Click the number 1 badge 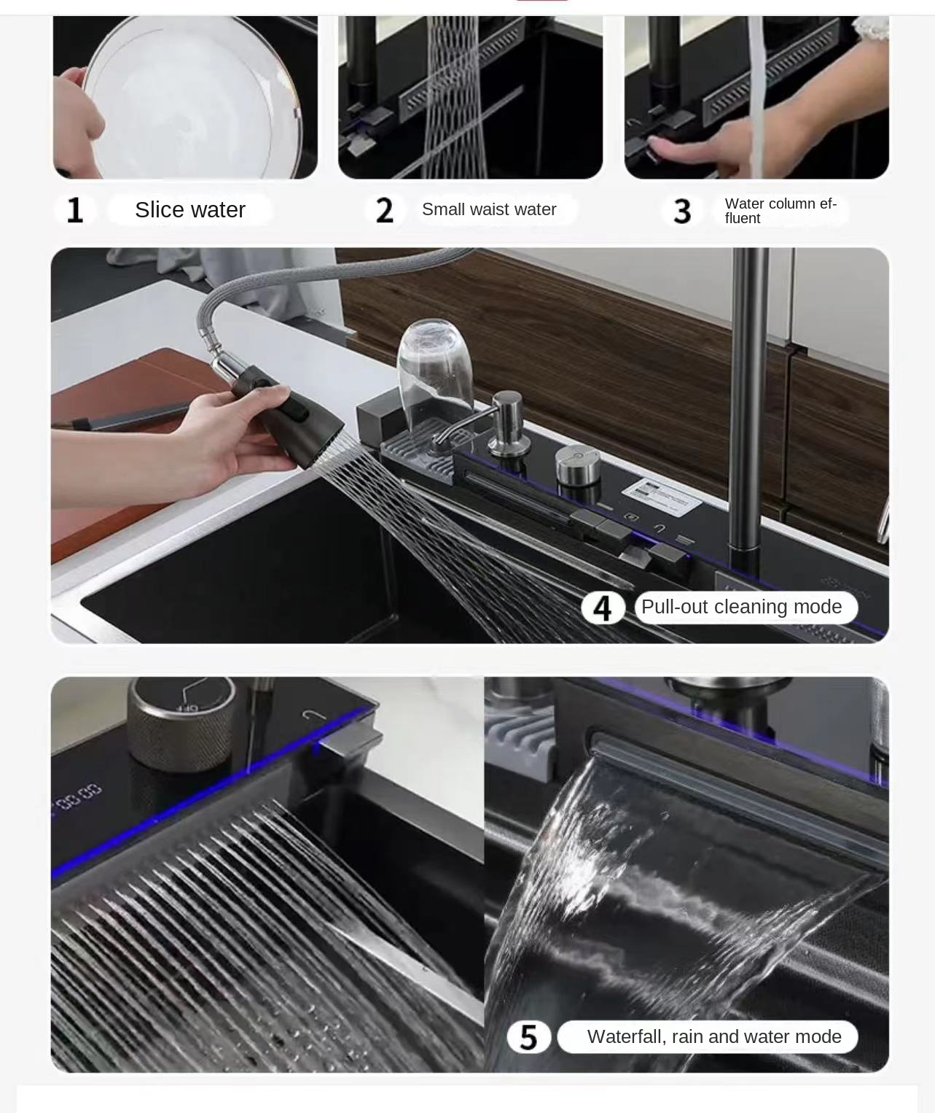click(x=75, y=210)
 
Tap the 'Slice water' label click(x=189, y=209)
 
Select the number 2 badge click(x=385, y=210)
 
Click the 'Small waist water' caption click(x=489, y=209)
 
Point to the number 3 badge click(x=682, y=211)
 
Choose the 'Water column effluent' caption click(x=781, y=211)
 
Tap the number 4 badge click(x=603, y=608)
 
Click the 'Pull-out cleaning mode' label click(x=741, y=607)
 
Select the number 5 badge click(x=528, y=1036)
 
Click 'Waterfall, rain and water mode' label click(x=714, y=1036)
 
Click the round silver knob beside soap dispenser click(x=577, y=465)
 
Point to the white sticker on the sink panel click(x=661, y=496)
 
